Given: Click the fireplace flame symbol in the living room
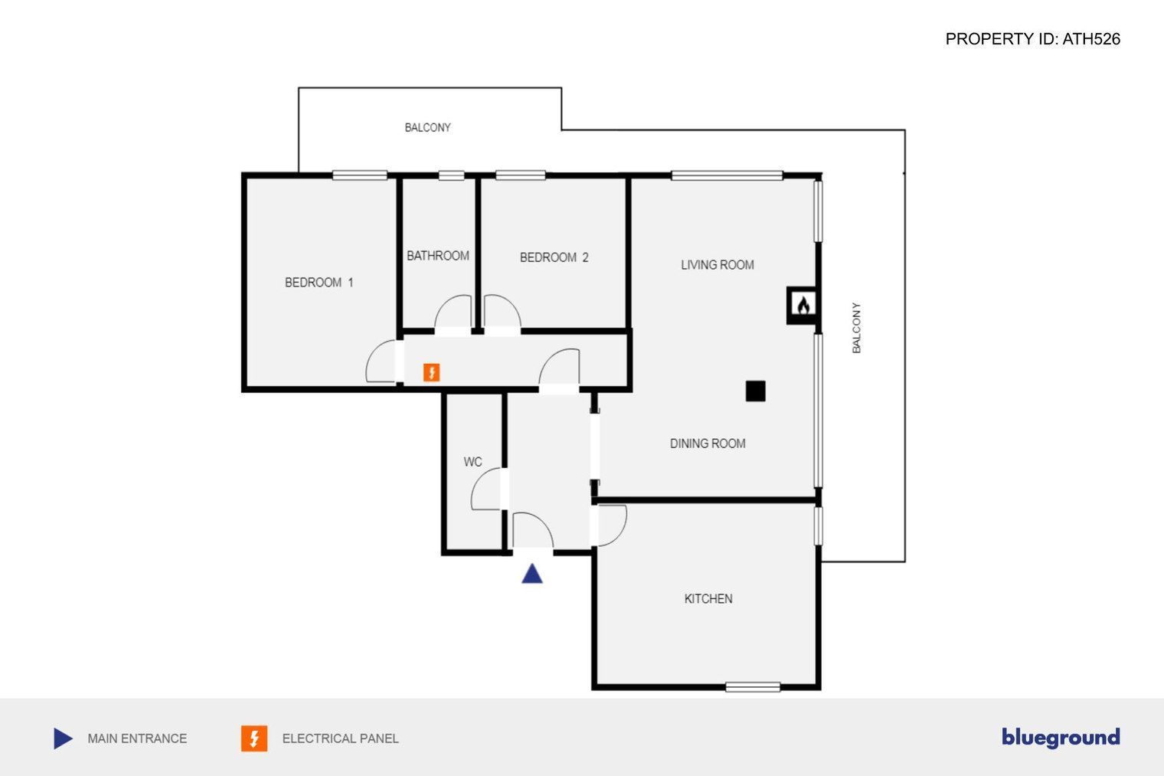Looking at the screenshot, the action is tap(803, 306).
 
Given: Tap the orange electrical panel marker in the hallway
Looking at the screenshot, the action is tap(431, 372).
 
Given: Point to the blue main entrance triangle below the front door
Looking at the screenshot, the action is tap(532, 574).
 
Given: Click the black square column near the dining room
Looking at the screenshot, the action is tap(756, 391).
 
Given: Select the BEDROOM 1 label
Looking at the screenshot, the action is tap(319, 282).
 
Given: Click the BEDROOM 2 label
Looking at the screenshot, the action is tap(554, 257).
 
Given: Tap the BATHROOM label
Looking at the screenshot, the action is tap(437, 256).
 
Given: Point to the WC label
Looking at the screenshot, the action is tap(473, 462).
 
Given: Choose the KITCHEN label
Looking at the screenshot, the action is tap(708, 599).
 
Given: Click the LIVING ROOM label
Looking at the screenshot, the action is tap(717, 265).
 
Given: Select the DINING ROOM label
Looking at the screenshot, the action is tap(708, 444).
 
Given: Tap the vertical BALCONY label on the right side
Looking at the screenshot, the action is tap(856, 328).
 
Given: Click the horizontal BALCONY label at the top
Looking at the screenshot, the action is tap(427, 127).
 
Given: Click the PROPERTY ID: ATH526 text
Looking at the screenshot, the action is tap(1032, 39).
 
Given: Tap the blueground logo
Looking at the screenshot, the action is tap(1061, 738).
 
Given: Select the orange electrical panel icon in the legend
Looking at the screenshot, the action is tap(254, 738).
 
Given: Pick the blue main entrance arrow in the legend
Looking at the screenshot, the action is tap(63, 738).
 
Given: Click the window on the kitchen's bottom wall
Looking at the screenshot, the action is tap(753, 687).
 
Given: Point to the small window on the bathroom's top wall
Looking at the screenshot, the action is tap(451, 175).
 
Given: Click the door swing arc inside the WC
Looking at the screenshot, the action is tap(479, 489).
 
